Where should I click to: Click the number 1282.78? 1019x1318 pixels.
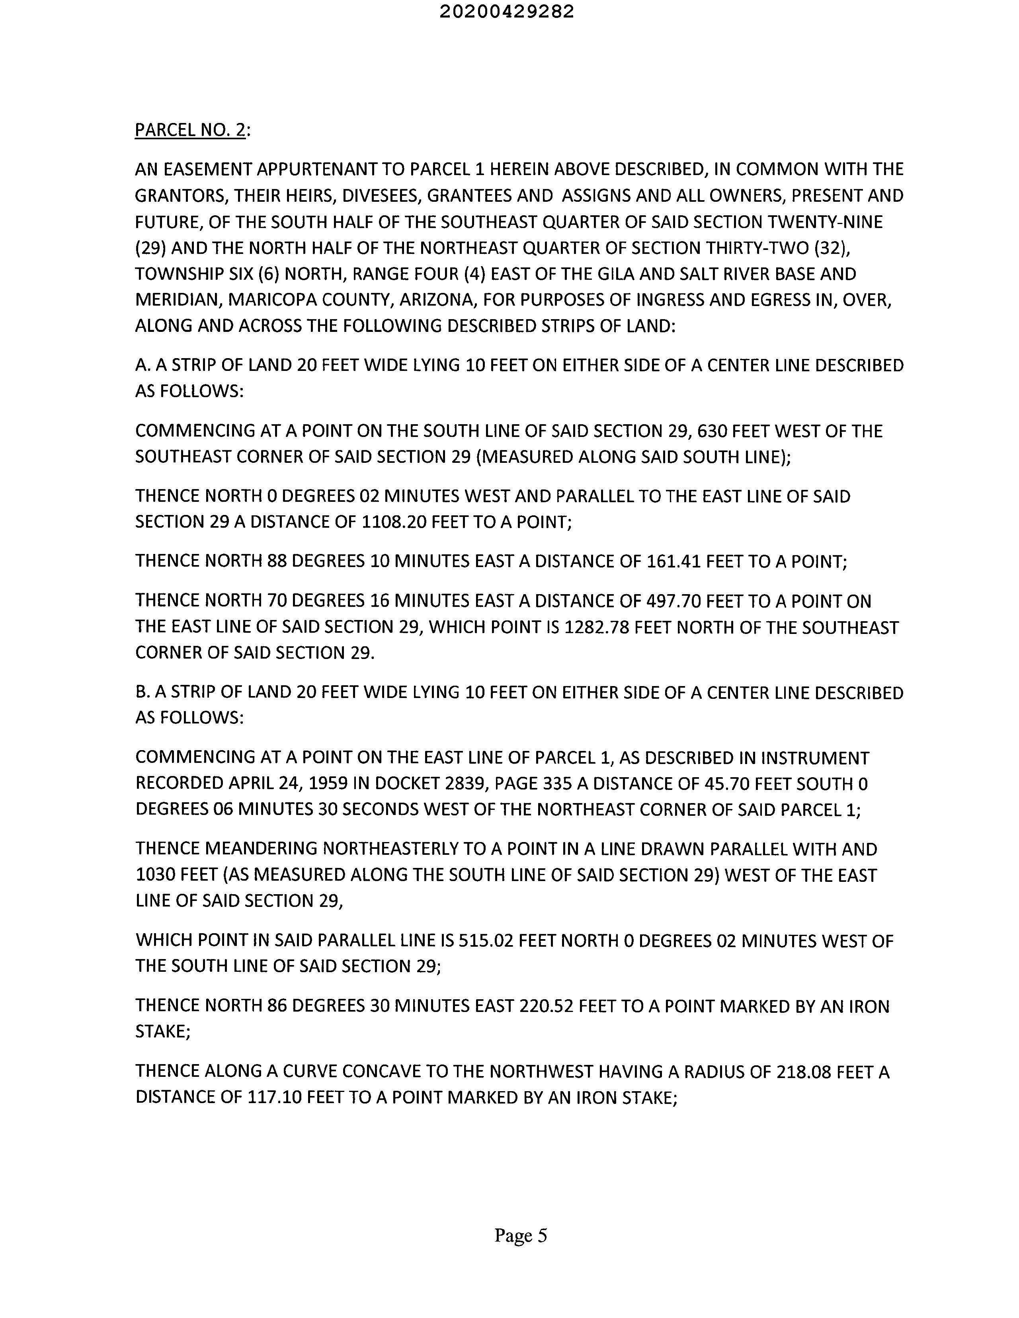(x=596, y=628)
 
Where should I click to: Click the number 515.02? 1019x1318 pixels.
(x=486, y=941)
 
